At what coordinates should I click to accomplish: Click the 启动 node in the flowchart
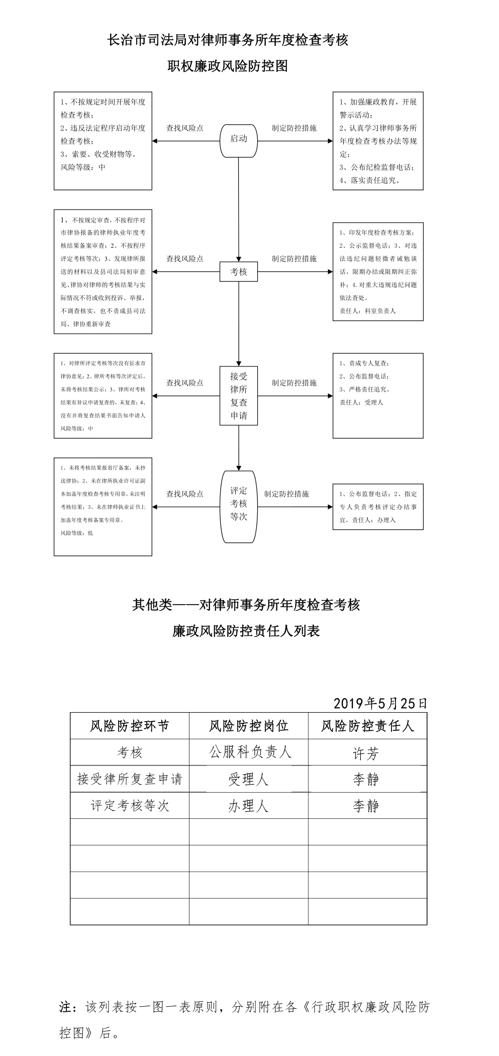tap(239, 139)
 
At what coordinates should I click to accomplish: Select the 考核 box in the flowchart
tap(239, 272)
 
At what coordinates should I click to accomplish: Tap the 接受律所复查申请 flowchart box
tap(239, 396)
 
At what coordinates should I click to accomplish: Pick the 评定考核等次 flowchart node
tap(239, 507)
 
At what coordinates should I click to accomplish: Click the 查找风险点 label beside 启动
tap(185, 128)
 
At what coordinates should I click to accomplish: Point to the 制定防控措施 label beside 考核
tap(294, 259)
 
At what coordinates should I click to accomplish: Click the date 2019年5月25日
tap(380, 703)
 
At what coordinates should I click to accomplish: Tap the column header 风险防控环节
tap(130, 726)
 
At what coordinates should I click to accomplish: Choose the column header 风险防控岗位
tap(249, 726)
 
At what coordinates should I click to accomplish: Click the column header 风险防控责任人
tap(367, 726)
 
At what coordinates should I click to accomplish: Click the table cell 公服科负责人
tap(250, 752)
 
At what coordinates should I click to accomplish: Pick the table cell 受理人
tap(249, 780)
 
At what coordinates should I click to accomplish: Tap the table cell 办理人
tap(249, 806)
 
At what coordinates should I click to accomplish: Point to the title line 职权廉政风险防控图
tap(228, 66)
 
